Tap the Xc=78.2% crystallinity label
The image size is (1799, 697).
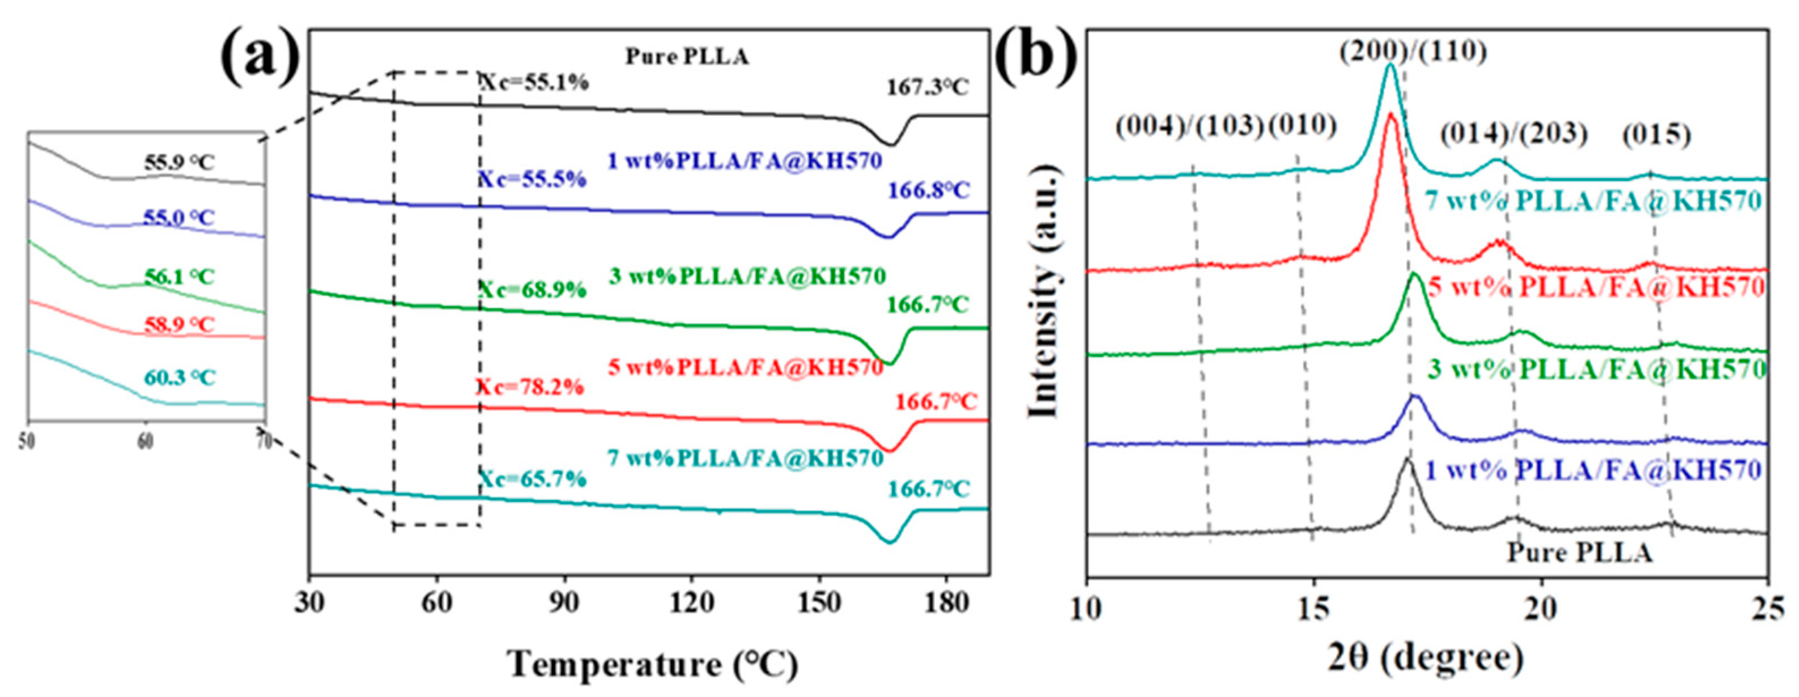click(x=529, y=387)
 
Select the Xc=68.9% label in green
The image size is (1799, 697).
click(x=532, y=289)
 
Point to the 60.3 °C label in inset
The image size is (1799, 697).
click(x=180, y=378)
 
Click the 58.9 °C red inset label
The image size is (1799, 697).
click(x=179, y=325)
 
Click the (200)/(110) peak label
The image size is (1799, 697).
click(x=1412, y=51)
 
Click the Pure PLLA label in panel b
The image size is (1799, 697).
click(x=1579, y=553)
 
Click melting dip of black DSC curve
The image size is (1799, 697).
click(x=890, y=144)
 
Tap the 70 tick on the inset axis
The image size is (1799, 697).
click(x=263, y=442)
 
